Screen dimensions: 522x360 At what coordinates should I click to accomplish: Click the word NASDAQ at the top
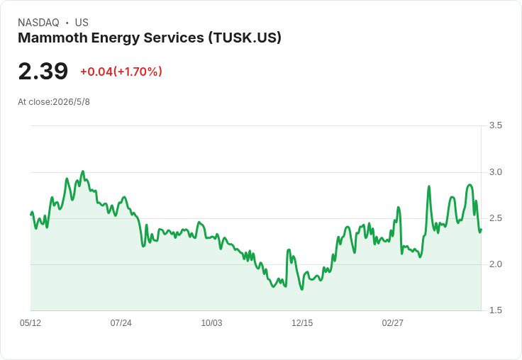tap(38, 23)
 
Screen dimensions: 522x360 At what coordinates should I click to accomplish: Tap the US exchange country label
tap(82, 23)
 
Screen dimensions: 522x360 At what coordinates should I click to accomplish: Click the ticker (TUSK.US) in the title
tap(245, 38)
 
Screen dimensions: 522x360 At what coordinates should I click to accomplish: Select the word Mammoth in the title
tap(52, 38)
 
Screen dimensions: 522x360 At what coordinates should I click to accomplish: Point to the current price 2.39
tap(43, 71)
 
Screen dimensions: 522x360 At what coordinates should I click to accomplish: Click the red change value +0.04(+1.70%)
tap(121, 72)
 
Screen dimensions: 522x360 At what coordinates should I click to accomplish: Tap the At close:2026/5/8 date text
tap(54, 102)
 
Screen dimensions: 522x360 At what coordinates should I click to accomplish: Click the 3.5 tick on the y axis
tap(495, 125)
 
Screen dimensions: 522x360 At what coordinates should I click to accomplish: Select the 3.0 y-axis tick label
tap(495, 172)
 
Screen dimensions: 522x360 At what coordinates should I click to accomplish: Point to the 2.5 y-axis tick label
tap(495, 218)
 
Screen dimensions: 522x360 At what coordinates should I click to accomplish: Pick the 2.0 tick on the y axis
tap(495, 264)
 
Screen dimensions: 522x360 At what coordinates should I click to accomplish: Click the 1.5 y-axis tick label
tap(495, 310)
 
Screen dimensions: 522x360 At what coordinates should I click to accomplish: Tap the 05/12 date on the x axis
tap(30, 323)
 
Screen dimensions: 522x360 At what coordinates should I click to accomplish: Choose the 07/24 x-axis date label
tap(121, 323)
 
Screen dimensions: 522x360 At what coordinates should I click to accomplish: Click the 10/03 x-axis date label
tap(211, 323)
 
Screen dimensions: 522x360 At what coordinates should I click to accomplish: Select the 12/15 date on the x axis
tap(302, 323)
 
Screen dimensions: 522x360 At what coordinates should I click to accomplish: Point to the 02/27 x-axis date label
tap(392, 323)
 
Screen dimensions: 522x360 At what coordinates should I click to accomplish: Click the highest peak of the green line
tap(83, 171)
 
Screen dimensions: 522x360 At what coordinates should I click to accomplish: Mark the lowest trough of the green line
tap(302, 289)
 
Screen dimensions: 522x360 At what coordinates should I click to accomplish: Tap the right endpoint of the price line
tap(481, 229)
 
